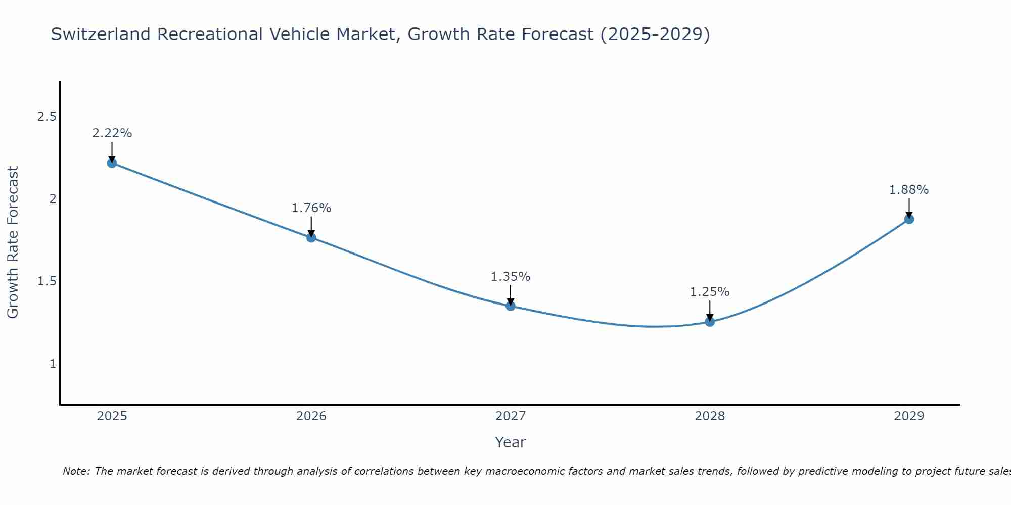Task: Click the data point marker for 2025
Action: (112, 163)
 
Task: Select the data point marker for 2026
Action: (311, 237)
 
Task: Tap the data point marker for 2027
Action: (511, 306)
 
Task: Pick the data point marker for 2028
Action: (710, 322)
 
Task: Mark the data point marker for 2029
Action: (909, 219)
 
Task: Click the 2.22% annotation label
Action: (112, 133)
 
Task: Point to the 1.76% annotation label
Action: (311, 208)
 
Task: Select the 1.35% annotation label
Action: (511, 277)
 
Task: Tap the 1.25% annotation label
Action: (710, 292)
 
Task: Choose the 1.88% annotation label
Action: (909, 190)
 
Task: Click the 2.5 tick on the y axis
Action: (47, 117)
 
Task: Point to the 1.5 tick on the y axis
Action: (47, 281)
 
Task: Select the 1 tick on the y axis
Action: (53, 364)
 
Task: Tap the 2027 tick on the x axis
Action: (511, 416)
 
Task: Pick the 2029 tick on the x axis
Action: (909, 416)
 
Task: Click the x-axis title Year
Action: (511, 442)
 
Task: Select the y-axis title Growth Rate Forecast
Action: (13, 242)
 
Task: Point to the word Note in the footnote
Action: (76, 471)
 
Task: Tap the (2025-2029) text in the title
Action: (655, 34)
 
